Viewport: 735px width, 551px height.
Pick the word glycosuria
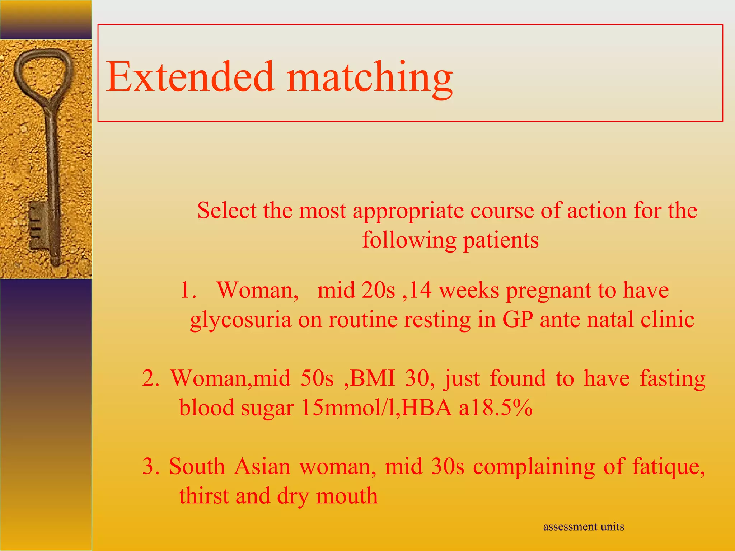(x=240, y=320)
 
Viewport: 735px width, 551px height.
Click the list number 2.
(x=150, y=378)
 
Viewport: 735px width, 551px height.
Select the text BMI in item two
(x=372, y=378)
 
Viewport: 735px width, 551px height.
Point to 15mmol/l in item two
(x=350, y=408)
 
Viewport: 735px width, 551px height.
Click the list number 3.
(x=150, y=466)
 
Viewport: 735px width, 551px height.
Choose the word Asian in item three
(x=262, y=466)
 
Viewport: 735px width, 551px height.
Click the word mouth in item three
(x=347, y=496)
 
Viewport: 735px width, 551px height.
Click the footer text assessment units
(x=583, y=527)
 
